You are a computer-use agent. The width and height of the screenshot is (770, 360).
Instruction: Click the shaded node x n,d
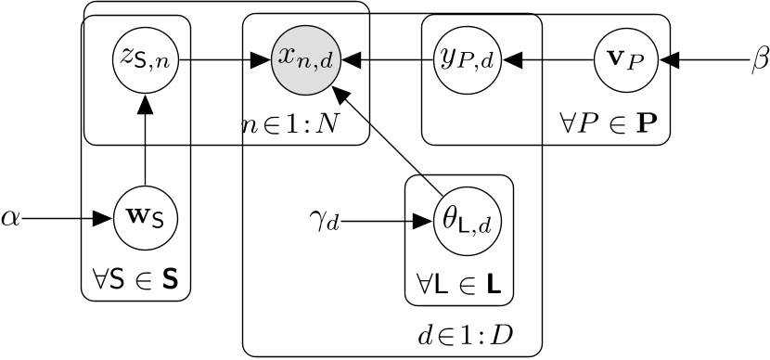304,62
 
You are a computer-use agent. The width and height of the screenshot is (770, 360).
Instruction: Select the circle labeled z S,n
145,62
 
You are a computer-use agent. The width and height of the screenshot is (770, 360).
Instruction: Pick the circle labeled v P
626,62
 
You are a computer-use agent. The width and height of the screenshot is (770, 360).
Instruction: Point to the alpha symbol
10,221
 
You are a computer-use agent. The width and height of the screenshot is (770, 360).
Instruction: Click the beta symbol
758,62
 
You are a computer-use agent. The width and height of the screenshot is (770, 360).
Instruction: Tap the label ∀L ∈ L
458,280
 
